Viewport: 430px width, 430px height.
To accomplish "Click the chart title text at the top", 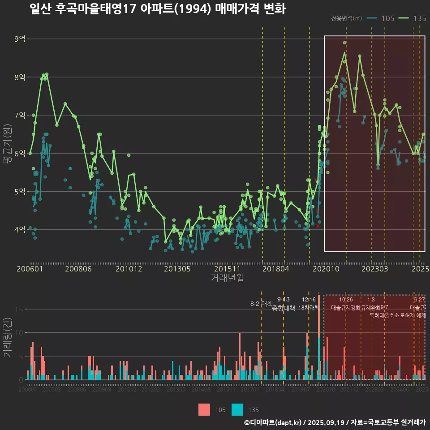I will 157,9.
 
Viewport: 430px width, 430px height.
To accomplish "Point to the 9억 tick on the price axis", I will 20,39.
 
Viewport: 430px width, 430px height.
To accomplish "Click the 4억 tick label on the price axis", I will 20,230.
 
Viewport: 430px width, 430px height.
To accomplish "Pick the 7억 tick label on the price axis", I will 20,116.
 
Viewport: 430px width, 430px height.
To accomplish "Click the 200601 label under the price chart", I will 29,269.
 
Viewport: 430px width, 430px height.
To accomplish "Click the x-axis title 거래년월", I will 227,278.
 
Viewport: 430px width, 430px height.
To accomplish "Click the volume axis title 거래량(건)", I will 7,337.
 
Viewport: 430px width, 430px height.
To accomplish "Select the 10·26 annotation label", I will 346,299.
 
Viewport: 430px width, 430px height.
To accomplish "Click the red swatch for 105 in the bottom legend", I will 204,409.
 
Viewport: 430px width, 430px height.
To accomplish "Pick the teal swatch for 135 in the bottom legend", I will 237,409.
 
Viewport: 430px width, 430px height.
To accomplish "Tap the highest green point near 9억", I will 344,43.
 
